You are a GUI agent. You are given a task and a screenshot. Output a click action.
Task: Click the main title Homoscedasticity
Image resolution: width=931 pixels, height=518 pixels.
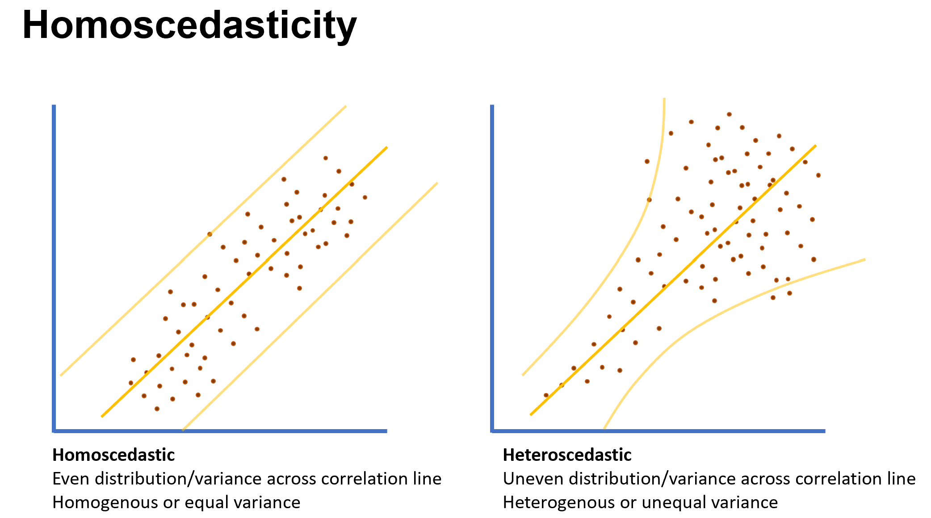click(189, 25)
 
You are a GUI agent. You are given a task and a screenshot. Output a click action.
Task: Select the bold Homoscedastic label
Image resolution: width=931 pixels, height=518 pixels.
click(113, 455)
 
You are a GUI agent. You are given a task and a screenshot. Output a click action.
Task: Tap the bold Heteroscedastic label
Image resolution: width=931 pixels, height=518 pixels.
click(567, 455)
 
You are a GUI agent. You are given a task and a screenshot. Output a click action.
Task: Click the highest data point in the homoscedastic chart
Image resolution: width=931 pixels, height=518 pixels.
click(326, 158)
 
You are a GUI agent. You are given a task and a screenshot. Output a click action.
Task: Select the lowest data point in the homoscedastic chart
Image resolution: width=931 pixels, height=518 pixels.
click(157, 409)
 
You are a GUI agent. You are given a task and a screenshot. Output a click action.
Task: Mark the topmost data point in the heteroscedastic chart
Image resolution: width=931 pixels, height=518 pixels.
click(729, 114)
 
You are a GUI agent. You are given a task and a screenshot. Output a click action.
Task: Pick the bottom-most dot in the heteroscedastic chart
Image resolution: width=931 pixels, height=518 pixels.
click(546, 395)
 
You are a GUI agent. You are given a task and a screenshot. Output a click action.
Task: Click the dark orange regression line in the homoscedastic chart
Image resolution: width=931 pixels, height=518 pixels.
click(244, 281)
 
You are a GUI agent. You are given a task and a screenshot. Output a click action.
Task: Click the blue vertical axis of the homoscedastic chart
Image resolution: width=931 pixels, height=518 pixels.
click(54, 268)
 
